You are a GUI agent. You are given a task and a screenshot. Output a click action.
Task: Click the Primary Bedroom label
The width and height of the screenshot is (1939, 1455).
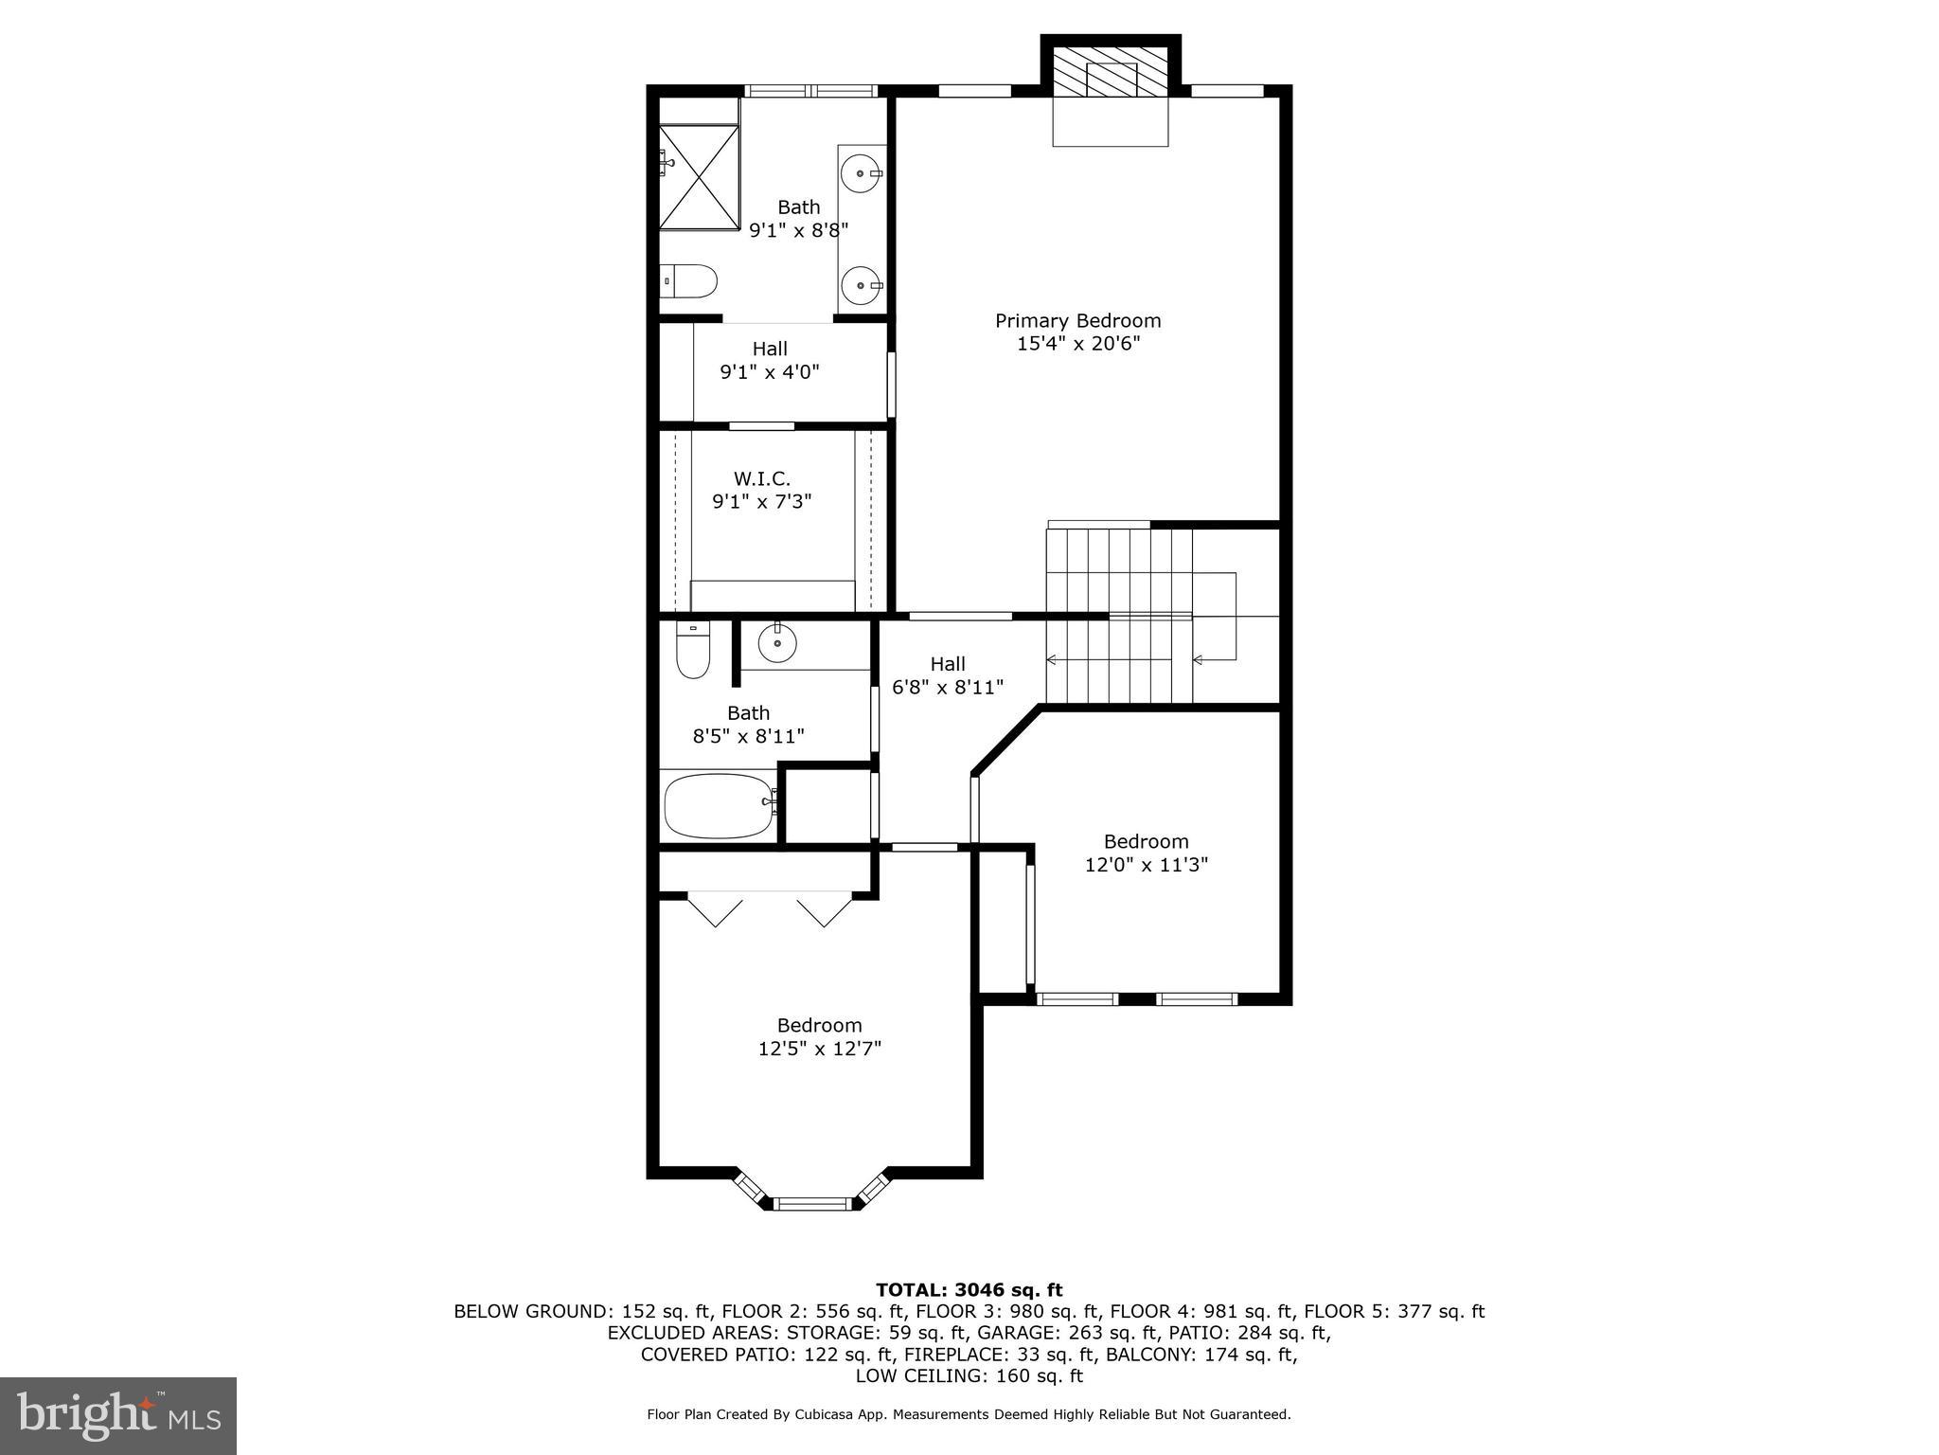coord(1077,321)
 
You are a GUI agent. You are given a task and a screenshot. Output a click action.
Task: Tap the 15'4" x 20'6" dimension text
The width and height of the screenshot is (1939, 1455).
coord(1077,344)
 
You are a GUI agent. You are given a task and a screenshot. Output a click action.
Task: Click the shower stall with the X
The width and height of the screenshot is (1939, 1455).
coord(699,177)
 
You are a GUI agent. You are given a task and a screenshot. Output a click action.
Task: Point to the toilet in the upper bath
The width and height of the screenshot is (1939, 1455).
coord(690,280)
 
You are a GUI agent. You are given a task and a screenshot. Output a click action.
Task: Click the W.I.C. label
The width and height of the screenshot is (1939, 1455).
coord(761,478)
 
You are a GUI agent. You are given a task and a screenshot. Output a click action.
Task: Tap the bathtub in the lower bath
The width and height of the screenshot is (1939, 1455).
coord(720,805)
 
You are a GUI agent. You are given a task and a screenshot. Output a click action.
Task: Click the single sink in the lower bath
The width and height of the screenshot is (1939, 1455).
coord(777,643)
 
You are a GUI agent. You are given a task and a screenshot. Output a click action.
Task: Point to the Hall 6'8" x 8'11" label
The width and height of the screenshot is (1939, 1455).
coord(948,675)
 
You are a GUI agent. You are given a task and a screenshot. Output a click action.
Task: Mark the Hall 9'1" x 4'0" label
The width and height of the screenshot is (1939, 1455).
coord(770,360)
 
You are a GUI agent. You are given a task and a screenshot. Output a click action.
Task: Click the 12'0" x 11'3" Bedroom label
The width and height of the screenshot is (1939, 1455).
coord(1146,853)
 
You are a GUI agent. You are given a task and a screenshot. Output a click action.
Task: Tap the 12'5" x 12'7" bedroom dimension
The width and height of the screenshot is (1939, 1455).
coord(819,1049)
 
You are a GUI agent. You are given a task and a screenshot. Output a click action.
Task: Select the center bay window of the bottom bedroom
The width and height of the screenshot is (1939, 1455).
coord(814,1204)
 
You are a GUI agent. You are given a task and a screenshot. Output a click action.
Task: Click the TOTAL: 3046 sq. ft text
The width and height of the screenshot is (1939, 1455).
coord(969,1290)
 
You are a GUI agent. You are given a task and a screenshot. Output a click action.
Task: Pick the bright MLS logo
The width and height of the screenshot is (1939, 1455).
coord(118,1415)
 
